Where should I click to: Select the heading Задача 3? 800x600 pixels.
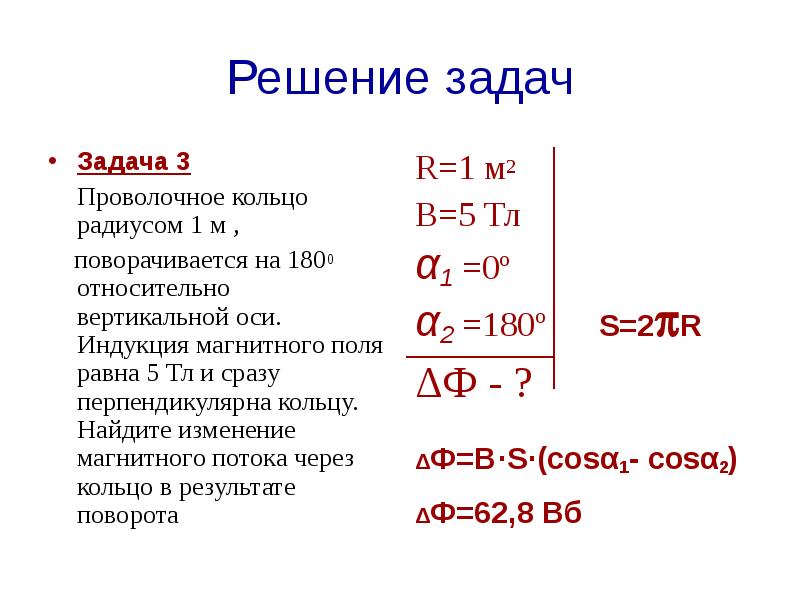[x=133, y=161]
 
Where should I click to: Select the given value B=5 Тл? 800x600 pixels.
[x=468, y=215]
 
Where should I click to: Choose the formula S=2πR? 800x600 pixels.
[x=650, y=326]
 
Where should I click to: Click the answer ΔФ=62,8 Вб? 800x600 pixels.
[x=498, y=514]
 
